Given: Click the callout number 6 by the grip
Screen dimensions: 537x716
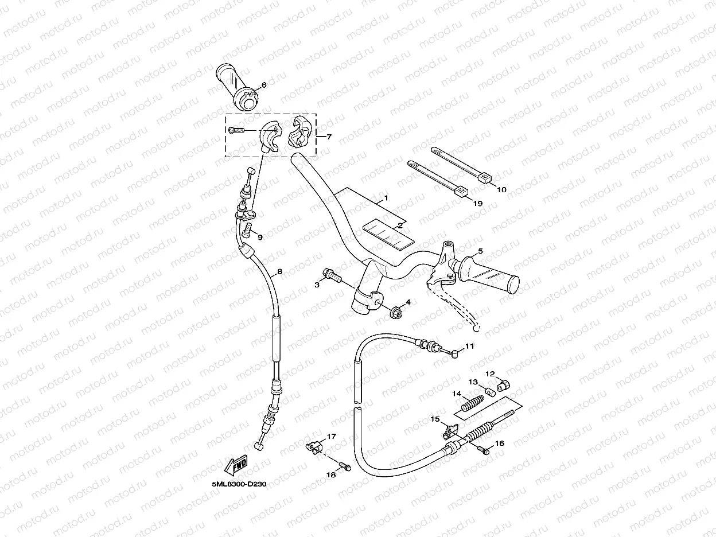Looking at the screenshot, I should click(x=264, y=85).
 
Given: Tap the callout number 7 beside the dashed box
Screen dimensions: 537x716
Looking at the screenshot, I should click(x=329, y=137).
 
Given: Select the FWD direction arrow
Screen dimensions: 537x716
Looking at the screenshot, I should click(x=236, y=465).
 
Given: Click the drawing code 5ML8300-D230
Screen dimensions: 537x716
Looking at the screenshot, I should click(x=239, y=484).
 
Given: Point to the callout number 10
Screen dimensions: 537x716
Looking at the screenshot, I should click(x=501, y=189).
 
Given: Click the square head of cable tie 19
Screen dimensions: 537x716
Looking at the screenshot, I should click(x=461, y=191).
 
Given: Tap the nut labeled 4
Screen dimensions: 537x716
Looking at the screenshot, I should click(x=395, y=313).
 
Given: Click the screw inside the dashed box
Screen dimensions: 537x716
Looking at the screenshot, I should click(x=236, y=131).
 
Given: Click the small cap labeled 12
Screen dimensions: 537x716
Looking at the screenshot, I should click(x=503, y=385).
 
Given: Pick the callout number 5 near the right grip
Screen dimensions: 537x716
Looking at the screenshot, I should click(x=480, y=251).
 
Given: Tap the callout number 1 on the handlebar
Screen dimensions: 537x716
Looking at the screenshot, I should click(x=386, y=197).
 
